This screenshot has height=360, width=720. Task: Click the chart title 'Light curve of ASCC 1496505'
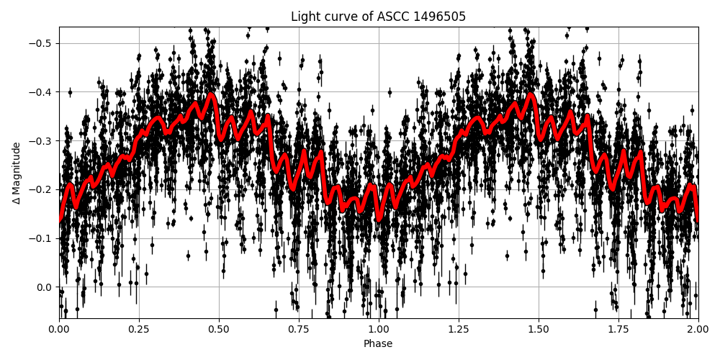point(378,17)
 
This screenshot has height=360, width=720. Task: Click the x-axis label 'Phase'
point(378,344)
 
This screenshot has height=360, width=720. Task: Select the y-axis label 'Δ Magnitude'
point(16,173)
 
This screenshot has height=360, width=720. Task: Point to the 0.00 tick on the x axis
point(59,329)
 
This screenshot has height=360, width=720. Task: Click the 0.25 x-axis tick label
point(139,329)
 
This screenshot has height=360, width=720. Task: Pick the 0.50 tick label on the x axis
point(219,329)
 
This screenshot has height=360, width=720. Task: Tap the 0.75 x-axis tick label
point(299,329)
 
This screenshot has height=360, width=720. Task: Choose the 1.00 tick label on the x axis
point(379,329)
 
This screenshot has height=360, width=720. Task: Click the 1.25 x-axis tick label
point(459,329)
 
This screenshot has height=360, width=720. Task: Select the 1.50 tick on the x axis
point(539,329)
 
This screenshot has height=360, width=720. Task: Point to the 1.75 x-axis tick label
point(618,329)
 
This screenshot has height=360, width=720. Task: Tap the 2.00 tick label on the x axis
point(698,329)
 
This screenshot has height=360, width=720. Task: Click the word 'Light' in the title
point(305,17)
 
